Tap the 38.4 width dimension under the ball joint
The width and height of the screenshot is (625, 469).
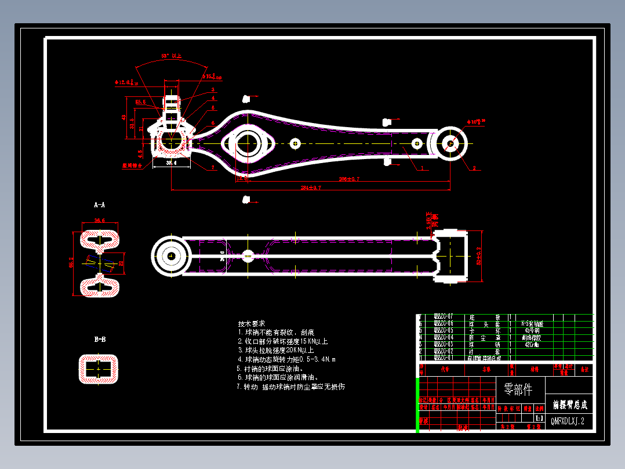click(171, 164)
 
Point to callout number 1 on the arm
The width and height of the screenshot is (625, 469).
click(422, 168)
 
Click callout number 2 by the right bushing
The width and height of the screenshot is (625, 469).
click(474, 168)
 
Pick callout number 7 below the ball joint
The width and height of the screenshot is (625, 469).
click(213, 168)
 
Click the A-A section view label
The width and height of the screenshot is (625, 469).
click(100, 205)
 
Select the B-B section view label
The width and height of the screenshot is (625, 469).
click(100, 339)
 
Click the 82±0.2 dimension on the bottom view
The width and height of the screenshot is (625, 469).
click(479, 255)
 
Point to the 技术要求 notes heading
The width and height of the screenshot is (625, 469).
click(251, 323)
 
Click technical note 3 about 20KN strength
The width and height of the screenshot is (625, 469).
click(275, 350)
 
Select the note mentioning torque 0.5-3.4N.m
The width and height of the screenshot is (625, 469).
click(286, 359)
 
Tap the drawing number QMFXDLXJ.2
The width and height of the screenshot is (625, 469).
click(568, 421)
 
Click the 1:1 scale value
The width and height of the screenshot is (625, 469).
click(539, 418)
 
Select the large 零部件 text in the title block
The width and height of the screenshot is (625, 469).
click(518, 388)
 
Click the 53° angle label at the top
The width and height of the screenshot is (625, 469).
click(172, 56)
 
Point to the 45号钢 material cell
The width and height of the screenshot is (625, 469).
click(531, 330)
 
